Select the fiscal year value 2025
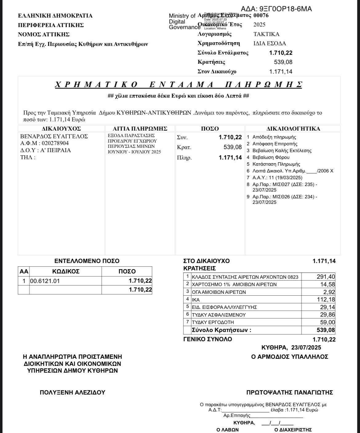pos(259,25)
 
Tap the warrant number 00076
pos(261,15)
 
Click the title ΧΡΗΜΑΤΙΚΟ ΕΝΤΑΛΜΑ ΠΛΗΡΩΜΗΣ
pos(178,84)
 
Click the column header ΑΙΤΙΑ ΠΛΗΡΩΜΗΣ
pos(140,128)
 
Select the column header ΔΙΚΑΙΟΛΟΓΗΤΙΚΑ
pos(293,128)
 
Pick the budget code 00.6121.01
pos(45,281)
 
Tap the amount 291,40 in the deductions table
pos(326,277)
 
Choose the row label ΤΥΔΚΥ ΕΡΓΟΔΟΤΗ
pos(213,322)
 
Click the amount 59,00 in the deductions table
pos(327,322)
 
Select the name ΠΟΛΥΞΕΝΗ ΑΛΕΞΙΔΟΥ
pos(73,392)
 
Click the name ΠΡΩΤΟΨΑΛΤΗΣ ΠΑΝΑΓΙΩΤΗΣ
pos(290,392)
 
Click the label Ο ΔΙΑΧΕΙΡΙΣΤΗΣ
pos(293,430)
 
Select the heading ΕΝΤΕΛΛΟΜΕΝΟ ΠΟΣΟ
pos(87,261)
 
